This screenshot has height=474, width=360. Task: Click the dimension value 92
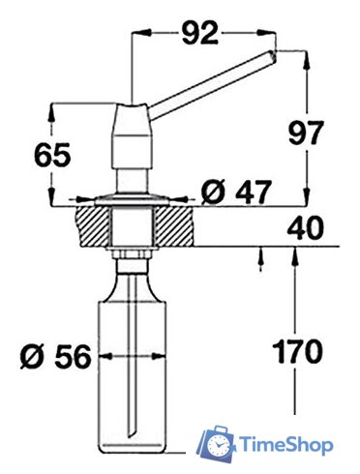point(200,33)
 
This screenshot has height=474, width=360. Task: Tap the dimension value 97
point(305,133)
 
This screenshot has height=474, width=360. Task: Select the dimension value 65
point(52,155)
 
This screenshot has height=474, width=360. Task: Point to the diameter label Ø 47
point(235,193)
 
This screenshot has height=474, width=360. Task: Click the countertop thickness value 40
point(305,227)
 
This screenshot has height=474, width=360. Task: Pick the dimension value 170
point(297,351)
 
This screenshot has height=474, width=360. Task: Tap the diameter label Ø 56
point(55,357)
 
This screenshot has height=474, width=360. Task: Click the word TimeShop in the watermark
point(286,445)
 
